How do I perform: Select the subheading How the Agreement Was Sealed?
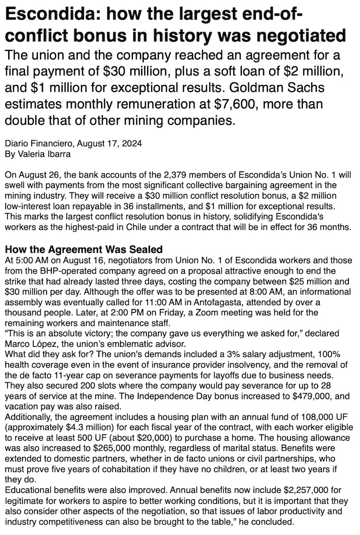pos(83,250)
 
